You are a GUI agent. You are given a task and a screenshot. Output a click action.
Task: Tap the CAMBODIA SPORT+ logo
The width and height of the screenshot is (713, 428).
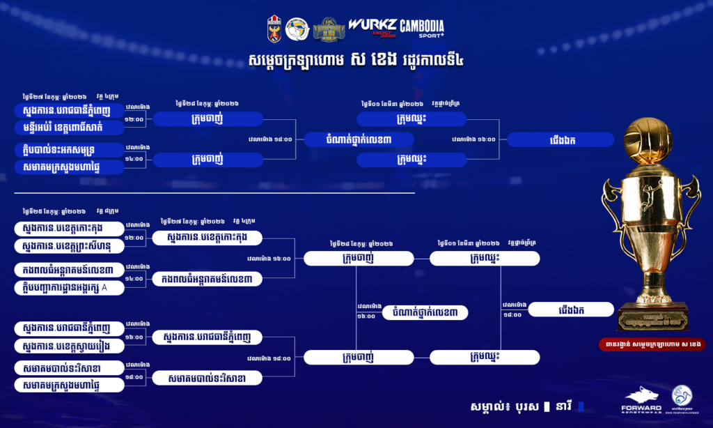click(x=422, y=29)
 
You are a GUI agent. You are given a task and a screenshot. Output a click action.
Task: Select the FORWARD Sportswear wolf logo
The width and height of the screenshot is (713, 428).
click(x=641, y=398)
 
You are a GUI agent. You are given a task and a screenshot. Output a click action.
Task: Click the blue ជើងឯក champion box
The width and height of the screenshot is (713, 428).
click(x=561, y=139)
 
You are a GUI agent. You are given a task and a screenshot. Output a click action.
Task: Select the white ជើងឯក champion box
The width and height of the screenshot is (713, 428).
click(x=571, y=309)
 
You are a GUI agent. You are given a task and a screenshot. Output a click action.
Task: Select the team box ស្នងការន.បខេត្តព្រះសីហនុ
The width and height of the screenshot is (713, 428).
click(x=69, y=246)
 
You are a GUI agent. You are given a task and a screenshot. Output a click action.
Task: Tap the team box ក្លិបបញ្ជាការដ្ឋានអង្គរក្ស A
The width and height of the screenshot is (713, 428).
click(x=69, y=287)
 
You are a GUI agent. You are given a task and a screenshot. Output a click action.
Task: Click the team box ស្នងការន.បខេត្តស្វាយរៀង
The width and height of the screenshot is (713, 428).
click(x=69, y=345)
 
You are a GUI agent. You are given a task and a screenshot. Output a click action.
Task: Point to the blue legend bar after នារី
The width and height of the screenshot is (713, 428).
click(x=581, y=406)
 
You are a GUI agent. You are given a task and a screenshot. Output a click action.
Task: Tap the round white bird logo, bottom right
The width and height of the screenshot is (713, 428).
click(x=682, y=397)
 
